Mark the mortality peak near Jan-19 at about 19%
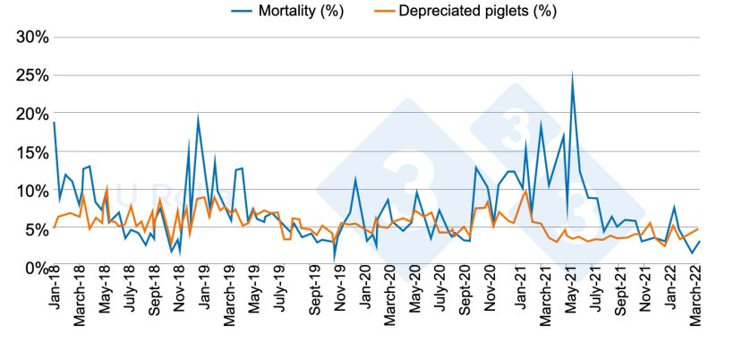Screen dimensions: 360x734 198,117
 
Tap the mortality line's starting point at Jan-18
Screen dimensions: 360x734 54,123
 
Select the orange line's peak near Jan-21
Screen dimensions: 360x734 525,191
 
